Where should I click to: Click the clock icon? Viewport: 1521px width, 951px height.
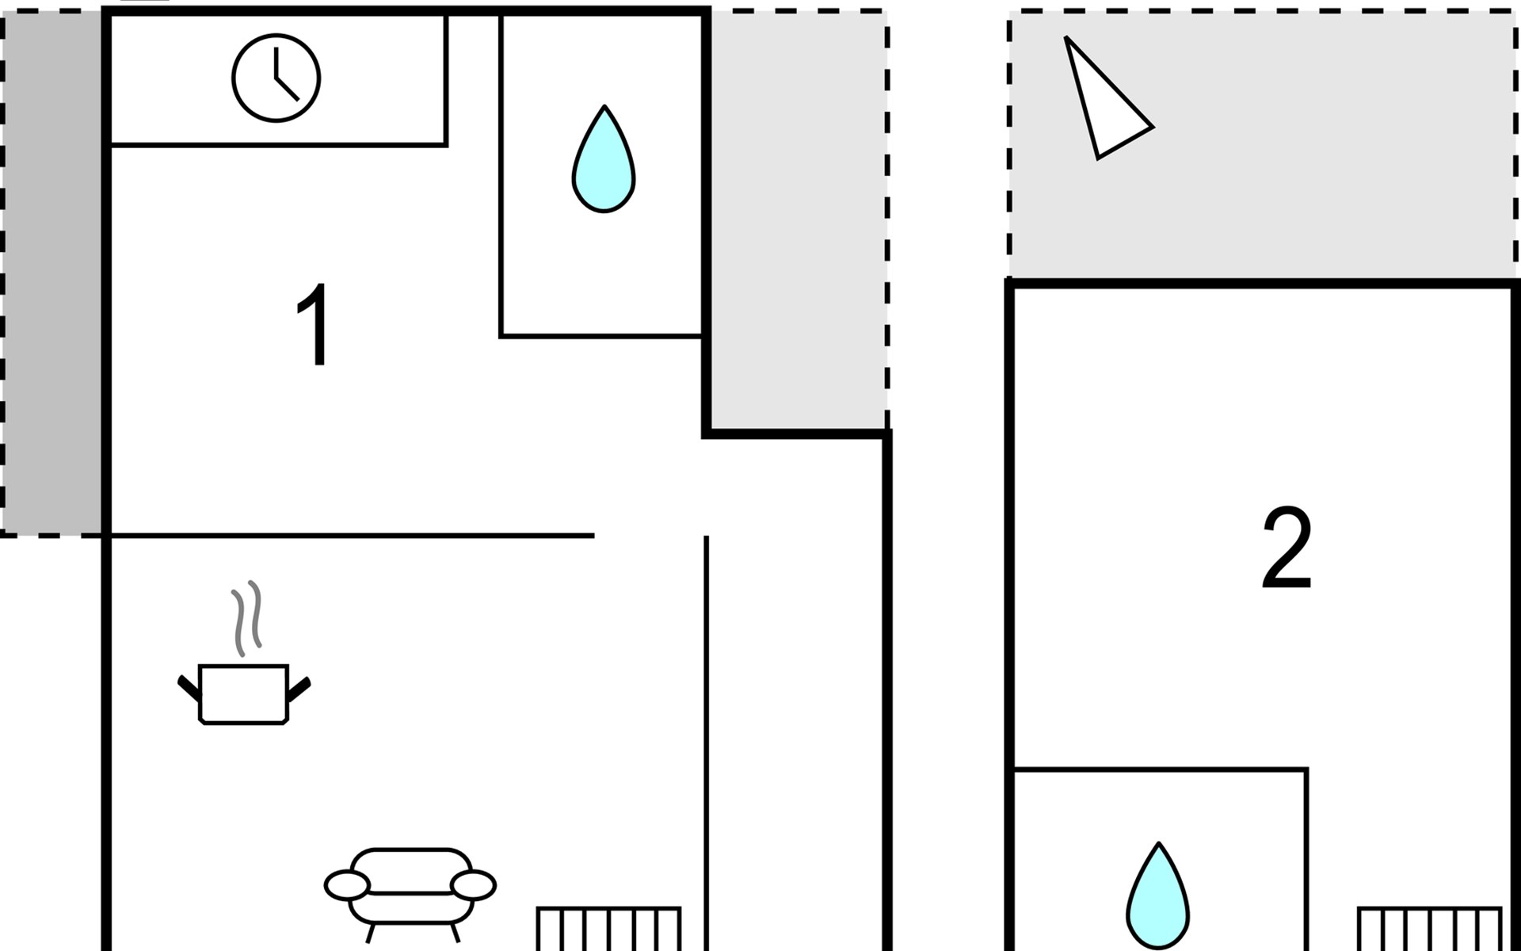(x=276, y=78)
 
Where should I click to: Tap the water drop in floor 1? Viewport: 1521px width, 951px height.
(x=604, y=162)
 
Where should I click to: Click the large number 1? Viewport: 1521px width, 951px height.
(x=314, y=324)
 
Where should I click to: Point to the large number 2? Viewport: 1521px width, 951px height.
(x=1287, y=548)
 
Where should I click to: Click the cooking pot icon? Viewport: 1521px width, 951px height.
(x=243, y=693)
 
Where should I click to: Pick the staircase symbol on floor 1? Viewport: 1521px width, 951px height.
(x=608, y=929)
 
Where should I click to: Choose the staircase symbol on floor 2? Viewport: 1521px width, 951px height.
(x=1429, y=929)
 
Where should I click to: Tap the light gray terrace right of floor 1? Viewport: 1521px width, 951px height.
(x=796, y=222)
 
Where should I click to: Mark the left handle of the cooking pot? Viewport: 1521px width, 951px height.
(x=189, y=688)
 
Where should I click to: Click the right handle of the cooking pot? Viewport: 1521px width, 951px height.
(x=299, y=688)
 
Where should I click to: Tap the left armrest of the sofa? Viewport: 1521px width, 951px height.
(x=346, y=885)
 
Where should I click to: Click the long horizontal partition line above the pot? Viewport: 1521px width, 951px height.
(x=349, y=537)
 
